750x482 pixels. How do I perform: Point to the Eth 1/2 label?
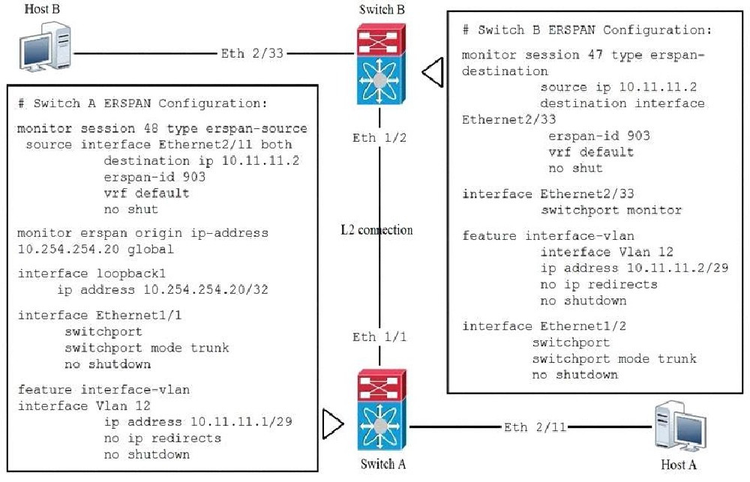pyautogui.click(x=379, y=138)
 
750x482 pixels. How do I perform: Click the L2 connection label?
pyautogui.click(x=376, y=229)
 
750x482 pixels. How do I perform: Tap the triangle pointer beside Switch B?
pyautogui.click(x=433, y=73)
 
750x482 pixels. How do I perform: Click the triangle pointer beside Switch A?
pyautogui.click(x=330, y=424)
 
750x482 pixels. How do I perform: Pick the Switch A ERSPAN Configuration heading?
pyautogui.click(x=142, y=103)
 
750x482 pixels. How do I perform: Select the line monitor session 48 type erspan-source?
pyautogui.click(x=162, y=129)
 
